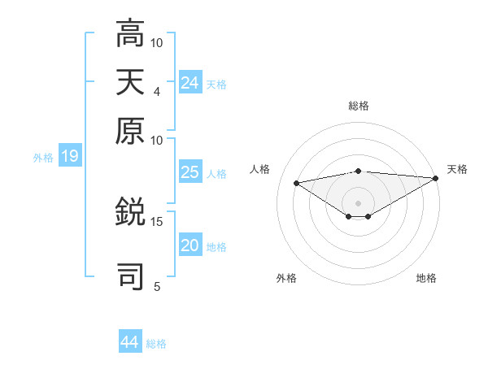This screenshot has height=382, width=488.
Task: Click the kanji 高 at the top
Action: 130,34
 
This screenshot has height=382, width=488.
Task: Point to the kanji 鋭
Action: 130,213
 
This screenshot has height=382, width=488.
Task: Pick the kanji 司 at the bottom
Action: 130,275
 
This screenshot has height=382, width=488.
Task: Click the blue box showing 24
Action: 190,82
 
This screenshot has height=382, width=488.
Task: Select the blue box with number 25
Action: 190,171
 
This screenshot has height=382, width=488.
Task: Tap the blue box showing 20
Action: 190,245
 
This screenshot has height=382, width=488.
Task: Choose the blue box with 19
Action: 70,156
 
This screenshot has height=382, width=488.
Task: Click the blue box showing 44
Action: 130,342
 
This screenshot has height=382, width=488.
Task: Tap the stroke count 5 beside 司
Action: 157,285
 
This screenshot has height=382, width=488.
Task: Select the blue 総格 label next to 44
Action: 156,344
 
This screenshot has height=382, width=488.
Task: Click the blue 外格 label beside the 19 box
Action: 43,158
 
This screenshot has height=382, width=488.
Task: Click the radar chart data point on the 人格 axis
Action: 296,182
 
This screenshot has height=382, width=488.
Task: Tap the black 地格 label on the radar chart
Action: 426,278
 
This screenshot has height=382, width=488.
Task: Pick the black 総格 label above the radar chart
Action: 359,106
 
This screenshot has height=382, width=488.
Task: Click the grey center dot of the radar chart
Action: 359,202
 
